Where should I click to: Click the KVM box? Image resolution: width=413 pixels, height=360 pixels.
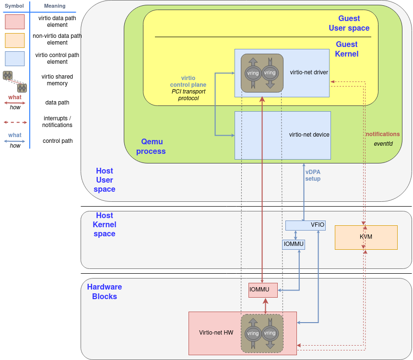[x=366, y=237]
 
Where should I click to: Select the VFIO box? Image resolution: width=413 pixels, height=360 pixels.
[x=306, y=225]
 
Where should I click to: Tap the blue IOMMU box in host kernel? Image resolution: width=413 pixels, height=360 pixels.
[x=294, y=244]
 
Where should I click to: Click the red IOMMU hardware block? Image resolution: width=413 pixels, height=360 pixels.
[x=263, y=290]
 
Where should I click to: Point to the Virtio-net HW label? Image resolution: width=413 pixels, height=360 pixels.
[x=216, y=333]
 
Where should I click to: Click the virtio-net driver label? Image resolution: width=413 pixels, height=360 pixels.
[x=309, y=72]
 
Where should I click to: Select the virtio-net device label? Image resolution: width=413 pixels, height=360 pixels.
[x=309, y=135]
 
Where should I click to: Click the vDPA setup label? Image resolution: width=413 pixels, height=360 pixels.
[x=313, y=175]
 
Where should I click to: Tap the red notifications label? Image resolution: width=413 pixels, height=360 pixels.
[x=382, y=134]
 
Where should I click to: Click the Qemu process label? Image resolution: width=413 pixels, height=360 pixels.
[x=151, y=147]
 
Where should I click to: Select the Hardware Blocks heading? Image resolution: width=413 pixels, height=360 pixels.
[x=104, y=291]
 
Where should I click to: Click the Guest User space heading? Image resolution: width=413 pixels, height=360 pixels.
[x=349, y=23]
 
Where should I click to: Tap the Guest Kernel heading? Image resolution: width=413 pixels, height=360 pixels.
[x=346, y=49]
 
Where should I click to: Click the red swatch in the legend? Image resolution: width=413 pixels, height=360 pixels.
[x=14, y=22]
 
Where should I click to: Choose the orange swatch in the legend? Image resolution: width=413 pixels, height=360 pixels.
[x=14, y=40]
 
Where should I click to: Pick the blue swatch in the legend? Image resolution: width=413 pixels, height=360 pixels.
[x=14, y=58]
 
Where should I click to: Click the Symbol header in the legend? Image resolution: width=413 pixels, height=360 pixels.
[x=14, y=6]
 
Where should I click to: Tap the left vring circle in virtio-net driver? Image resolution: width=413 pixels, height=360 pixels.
[x=253, y=73]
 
